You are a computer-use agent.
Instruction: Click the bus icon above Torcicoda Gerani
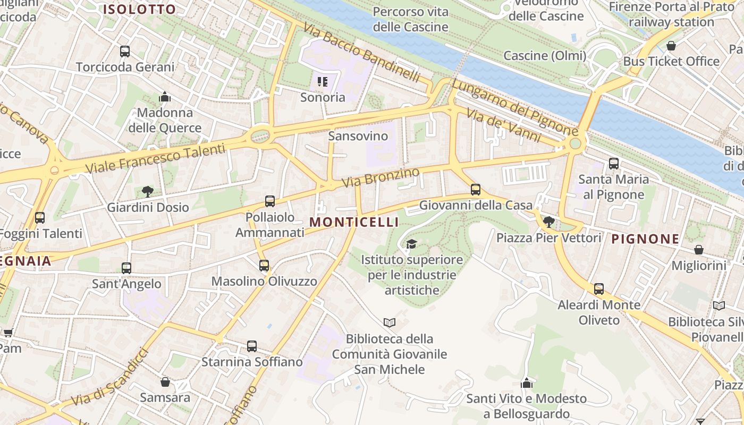point(125,52)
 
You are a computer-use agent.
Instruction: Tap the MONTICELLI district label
point(354,222)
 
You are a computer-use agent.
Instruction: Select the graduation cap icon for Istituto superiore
point(411,244)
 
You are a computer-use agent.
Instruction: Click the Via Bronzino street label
point(381,177)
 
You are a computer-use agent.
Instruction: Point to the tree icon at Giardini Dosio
point(148,192)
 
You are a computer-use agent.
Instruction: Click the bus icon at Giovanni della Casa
point(476,190)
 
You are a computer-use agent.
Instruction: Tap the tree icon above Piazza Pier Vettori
point(548,222)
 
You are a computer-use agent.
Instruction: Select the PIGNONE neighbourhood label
point(645,239)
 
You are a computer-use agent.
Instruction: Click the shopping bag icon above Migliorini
point(699,250)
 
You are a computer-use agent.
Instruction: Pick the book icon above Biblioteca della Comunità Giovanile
point(390,322)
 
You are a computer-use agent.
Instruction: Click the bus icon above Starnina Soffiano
point(252,346)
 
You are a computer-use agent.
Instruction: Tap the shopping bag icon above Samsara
point(165,382)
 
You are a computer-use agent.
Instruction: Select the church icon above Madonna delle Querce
point(165,97)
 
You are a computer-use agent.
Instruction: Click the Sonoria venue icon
point(323,82)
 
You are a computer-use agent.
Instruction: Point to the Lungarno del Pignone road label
point(514,107)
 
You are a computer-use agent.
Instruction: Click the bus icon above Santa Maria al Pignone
point(614,164)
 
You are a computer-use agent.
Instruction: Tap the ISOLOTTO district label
point(140,9)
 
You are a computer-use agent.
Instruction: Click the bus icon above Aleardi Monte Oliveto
point(599,289)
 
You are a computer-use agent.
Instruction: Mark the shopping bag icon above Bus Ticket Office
point(671,46)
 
